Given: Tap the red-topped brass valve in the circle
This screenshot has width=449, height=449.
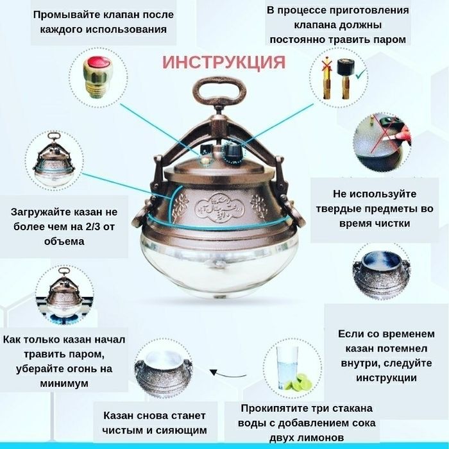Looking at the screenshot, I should [96, 74].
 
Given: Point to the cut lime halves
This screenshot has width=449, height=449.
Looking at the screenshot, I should [300, 384].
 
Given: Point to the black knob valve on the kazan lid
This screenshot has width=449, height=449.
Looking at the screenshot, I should [230, 150].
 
